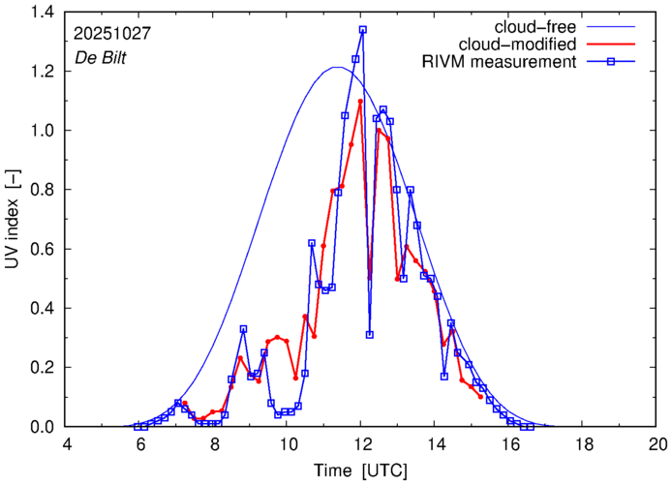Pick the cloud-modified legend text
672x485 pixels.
528,45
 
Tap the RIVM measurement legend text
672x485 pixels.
500,62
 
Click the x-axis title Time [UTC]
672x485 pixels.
360,470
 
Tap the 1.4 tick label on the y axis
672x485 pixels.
42,12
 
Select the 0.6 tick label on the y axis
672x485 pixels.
42,249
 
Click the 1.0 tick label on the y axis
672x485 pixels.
42,131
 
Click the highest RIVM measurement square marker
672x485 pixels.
363,30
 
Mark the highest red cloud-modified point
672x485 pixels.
360,102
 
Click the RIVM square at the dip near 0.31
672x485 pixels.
370,335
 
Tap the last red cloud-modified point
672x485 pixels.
480,397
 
